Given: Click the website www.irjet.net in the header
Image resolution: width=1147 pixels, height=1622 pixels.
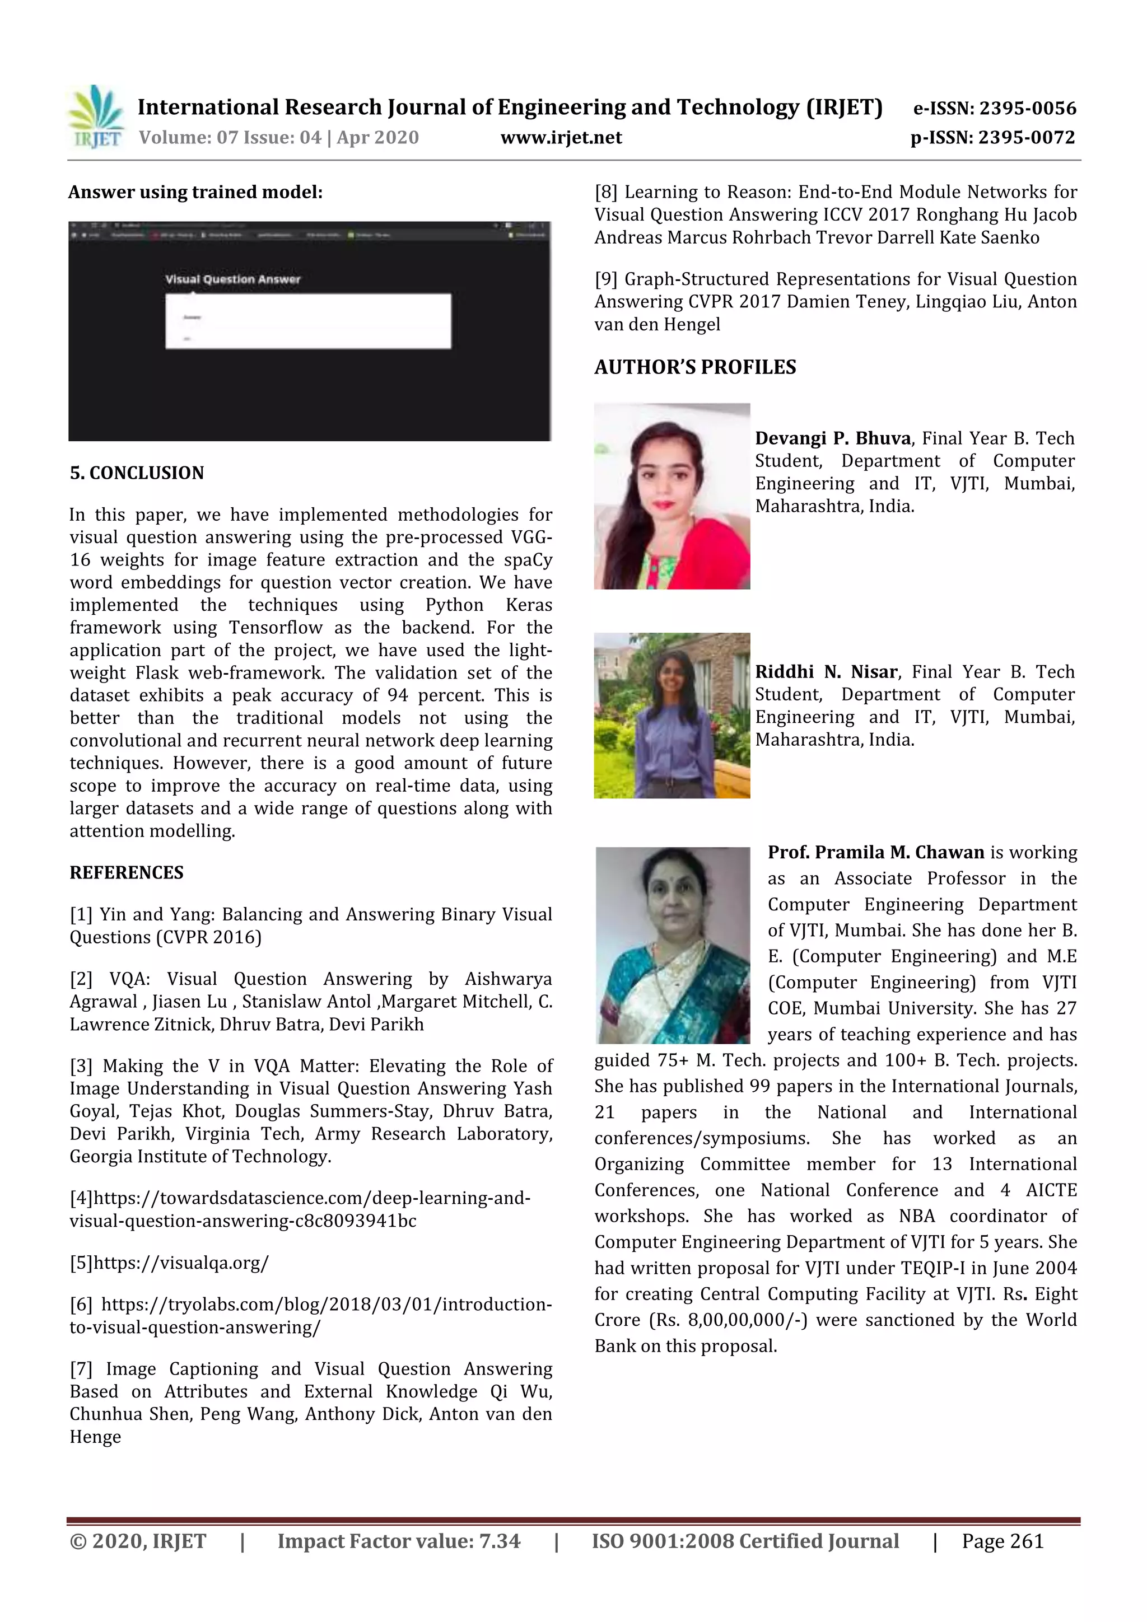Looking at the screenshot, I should point(561,138).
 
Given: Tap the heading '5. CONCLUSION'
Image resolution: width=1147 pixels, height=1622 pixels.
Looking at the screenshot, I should point(137,473).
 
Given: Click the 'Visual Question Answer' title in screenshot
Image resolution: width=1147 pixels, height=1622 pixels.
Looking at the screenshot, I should point(232,279).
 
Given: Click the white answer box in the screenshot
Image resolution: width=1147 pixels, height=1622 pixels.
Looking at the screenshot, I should point(308,321).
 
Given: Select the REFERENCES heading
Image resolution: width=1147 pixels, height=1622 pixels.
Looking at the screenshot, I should point(127,872).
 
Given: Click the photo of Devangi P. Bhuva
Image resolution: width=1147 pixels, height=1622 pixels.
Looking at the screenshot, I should point(672,496).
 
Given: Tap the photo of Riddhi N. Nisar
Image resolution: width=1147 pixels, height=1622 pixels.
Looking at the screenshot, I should point(672,715).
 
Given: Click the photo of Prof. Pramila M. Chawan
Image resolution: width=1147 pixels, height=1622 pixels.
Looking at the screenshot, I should point(672,945).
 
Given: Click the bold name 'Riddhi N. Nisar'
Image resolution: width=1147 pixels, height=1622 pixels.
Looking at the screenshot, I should point(826,672).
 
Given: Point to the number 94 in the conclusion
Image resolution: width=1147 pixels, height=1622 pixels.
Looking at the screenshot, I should point(397,695).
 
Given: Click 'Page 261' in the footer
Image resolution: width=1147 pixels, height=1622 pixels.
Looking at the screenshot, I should point(1002,1541).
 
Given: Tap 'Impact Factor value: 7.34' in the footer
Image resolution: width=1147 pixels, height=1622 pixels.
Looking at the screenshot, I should point(399,1541).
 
